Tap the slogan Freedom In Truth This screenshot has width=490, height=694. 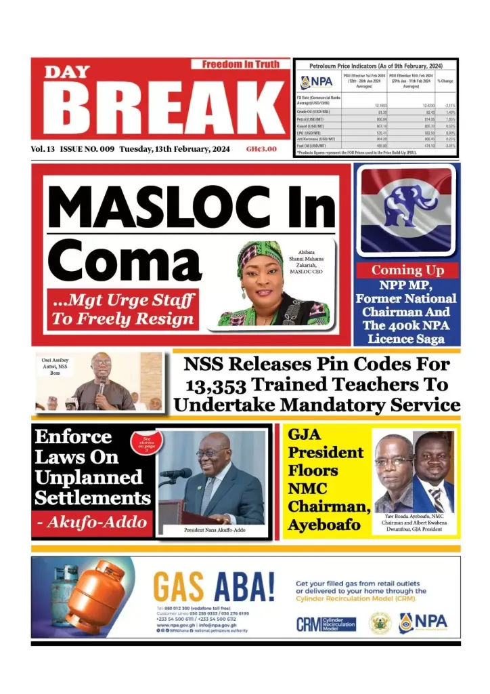pyautogui.click(x=240, y=64)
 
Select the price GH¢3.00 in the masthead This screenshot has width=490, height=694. pyautogui.click(x=261, y=149)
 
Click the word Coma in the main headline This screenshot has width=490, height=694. pyautogui.click(x=115, y=260)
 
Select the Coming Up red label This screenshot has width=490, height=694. pyautogui.click(x=407, y=270)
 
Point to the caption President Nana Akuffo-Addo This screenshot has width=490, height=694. pyautogui.click(x=215, y=530)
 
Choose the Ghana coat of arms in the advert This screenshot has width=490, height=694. pyautogui.click(x=380, y=623)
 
